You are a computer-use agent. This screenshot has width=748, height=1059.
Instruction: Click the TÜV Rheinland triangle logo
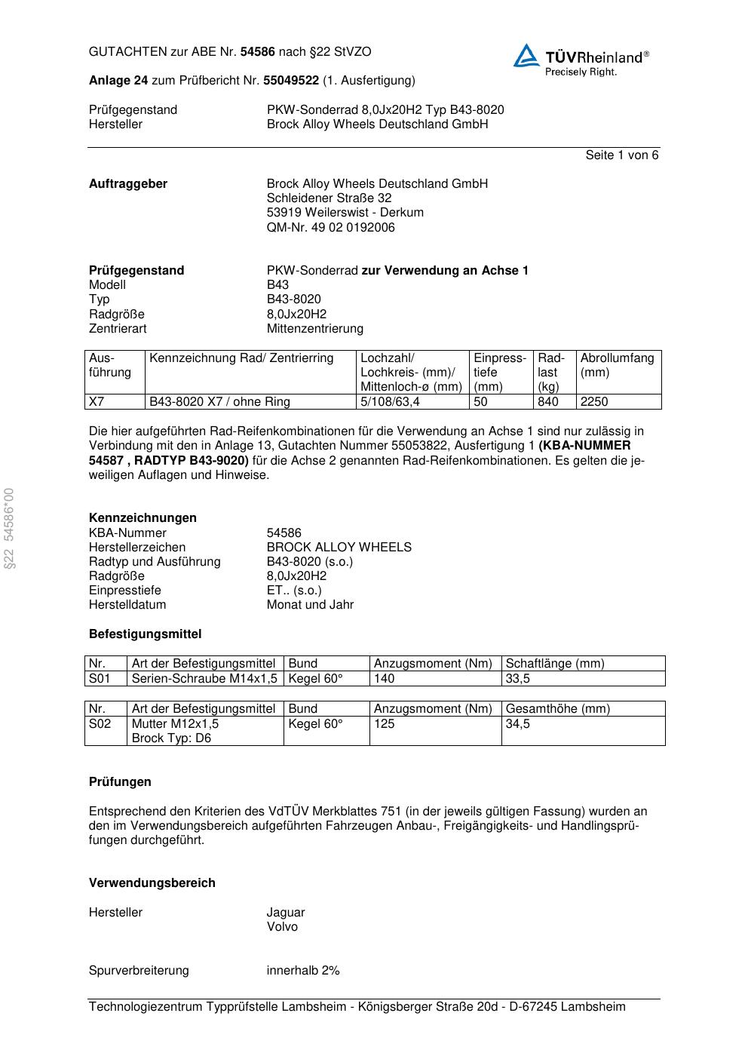526,57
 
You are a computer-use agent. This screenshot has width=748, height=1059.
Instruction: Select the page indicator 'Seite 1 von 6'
621,155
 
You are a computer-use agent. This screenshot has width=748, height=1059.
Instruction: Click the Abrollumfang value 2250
594,402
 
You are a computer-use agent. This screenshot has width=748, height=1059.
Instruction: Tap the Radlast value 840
548,402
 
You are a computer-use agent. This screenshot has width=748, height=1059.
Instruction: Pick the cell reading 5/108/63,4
390,402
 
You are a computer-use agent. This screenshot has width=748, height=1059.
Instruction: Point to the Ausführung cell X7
97,402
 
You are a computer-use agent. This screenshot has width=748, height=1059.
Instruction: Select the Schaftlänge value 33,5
518,679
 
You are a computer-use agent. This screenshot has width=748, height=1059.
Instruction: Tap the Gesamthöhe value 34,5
518,724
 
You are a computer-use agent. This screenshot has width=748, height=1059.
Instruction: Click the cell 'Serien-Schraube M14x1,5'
205,679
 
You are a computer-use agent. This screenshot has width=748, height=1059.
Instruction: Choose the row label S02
100,724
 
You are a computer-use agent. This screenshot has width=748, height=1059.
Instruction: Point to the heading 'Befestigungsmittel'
145,634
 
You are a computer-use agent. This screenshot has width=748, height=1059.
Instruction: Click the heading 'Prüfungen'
120,782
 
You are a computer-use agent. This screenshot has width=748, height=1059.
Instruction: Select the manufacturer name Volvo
282,927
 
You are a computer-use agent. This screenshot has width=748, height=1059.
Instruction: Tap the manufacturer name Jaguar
286,913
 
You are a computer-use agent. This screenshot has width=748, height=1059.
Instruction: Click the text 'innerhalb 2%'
303,971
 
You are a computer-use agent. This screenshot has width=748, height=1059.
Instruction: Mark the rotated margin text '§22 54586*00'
9,529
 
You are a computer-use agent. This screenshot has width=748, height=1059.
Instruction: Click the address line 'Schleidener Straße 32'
329,198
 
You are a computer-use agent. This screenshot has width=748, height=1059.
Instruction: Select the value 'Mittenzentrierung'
315,329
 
